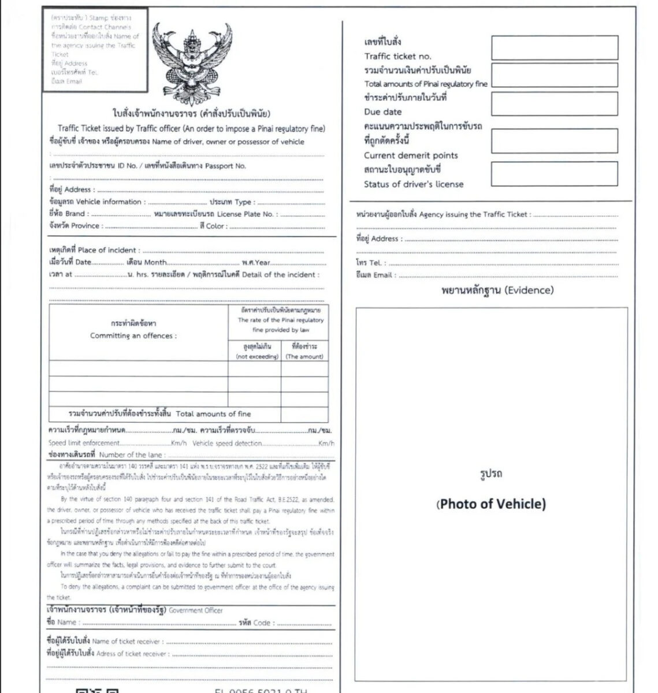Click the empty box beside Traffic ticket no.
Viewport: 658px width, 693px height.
(554, 47)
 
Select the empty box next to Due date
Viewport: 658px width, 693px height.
(554, 104)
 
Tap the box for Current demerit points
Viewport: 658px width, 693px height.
(554, 141)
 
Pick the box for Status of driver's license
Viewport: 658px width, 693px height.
(554, 174)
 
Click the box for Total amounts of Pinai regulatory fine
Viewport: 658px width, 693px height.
(554, 76)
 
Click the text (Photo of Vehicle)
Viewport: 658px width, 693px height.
(490, 504)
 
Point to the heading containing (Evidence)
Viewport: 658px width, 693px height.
(496, 290)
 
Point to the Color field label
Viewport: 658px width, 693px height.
(216, 226)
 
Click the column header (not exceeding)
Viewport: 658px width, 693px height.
(257, 357)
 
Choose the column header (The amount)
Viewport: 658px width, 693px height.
(304, 357)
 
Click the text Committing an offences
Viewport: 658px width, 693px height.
(133, 336)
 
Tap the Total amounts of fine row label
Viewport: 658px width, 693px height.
(213, 414)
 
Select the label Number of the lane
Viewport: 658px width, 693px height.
(131, 455)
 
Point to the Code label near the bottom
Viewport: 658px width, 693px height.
(262, 623)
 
